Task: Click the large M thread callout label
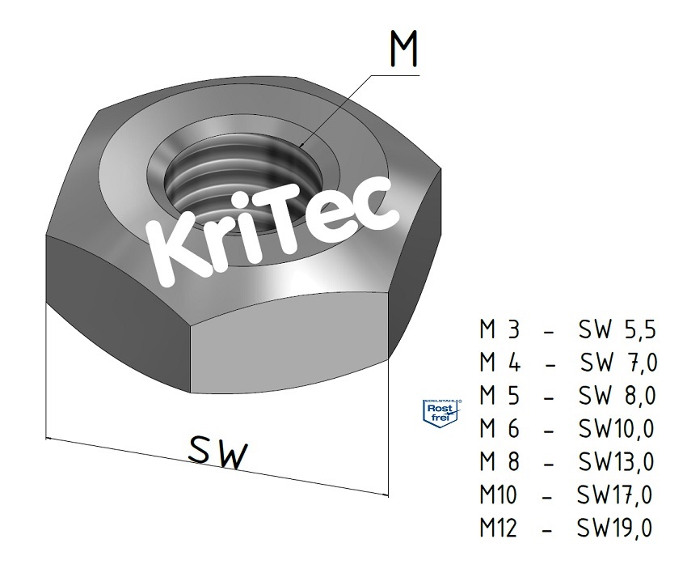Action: point(403,49)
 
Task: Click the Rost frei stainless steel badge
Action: point(441,413)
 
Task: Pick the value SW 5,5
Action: point(617,330)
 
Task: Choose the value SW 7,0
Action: point(618,363)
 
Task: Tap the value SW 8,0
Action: point(617,396)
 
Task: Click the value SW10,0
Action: point(616,428)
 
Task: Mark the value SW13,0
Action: point(616,461)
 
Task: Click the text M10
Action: point(498,494)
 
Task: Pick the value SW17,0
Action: point(614,494)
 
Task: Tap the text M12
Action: point(498,527)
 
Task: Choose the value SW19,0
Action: point(614,527)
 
